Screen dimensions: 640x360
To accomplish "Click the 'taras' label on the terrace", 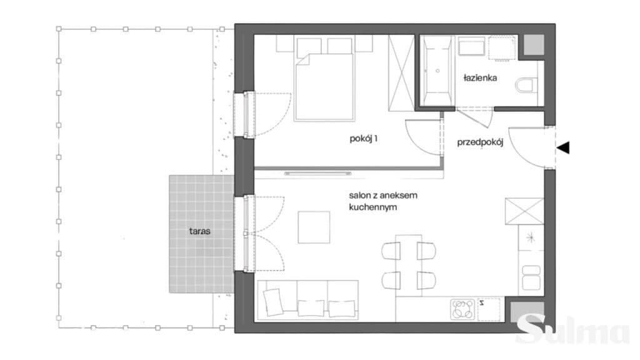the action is (x=199, y=231).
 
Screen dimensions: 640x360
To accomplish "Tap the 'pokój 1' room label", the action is (x=363, y=138).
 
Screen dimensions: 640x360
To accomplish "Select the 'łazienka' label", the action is (x=480, y=77).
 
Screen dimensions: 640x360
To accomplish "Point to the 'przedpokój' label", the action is (x=480, y=142).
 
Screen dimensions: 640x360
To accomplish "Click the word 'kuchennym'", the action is (x=367, y=207).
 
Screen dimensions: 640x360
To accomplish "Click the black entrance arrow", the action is (x=563, y=147).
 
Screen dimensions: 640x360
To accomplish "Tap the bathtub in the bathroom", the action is (x=437, y=71).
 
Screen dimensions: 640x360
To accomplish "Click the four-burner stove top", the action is (x=462, y=309).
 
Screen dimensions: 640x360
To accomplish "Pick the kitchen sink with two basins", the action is (x=531, y=277).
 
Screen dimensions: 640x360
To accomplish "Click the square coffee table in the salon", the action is (x=314, y=227).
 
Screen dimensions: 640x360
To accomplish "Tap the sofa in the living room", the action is (x=307, y=300).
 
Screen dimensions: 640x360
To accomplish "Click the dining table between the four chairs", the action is (x=409, y=266).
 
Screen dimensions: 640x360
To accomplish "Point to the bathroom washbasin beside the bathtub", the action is (x=472, y=46).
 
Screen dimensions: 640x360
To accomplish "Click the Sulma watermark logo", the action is (x=574, y=329).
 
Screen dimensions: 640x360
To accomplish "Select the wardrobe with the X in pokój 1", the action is (x=401, y=72).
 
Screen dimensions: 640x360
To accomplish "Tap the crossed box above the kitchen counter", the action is (x=524, y=211).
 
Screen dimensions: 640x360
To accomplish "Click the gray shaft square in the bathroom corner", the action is (x=534, y=45).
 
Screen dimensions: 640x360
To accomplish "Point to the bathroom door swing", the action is (x=476, y=117).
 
